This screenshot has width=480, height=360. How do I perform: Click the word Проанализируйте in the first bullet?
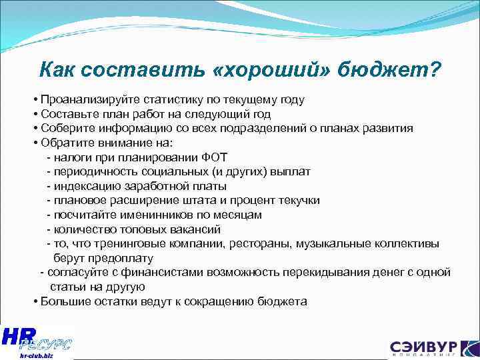(83, 100)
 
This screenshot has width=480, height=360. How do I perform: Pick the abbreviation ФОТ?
(213, 157)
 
